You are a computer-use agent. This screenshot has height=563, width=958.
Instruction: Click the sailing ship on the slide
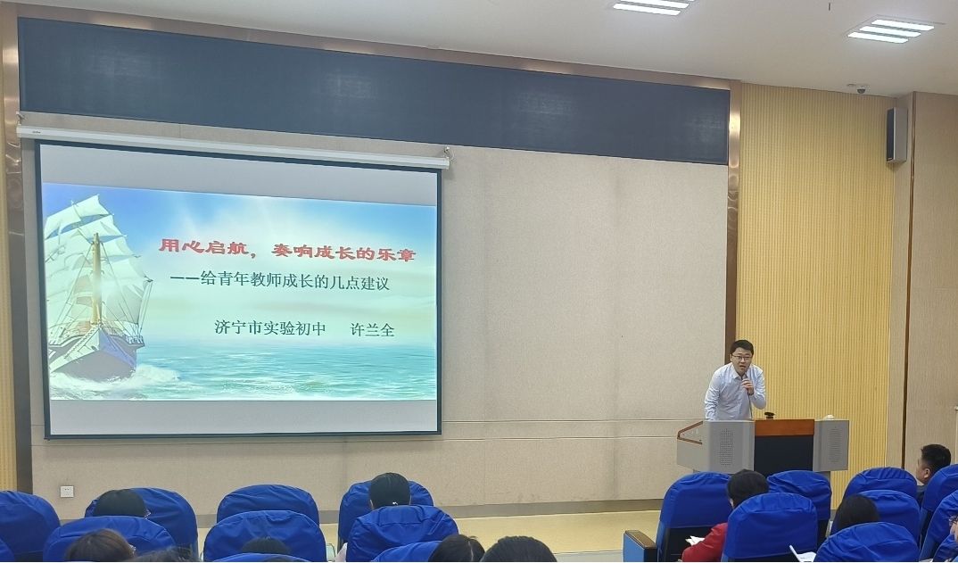click(x=96, y=286)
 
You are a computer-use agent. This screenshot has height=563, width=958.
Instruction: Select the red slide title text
click(x=287, y=250)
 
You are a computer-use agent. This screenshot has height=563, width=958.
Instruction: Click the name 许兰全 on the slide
click(x=372, y=329)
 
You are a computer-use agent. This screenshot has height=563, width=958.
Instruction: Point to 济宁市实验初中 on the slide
click(x=270, y=327)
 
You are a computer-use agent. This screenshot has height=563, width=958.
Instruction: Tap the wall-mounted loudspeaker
click(x=896, y=135)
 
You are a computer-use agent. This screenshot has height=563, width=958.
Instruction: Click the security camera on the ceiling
click(x=859, y=88)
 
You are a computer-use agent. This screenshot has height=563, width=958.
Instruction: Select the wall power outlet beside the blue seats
click(x=67, y=491)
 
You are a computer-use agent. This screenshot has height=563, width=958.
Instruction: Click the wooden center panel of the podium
click(x=784, y=447)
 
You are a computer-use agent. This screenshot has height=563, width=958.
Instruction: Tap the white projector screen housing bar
click(x=232, y=146)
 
